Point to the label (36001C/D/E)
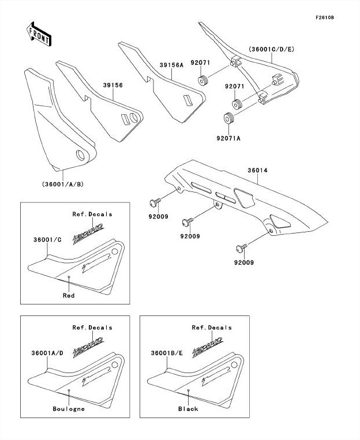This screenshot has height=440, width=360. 271,50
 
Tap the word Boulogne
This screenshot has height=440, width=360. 69,409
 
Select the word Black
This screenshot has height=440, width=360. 188,409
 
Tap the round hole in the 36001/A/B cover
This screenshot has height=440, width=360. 80,155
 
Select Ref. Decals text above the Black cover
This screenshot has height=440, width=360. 212,328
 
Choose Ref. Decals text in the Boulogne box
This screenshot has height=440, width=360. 92,328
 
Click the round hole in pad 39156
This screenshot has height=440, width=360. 134,118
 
